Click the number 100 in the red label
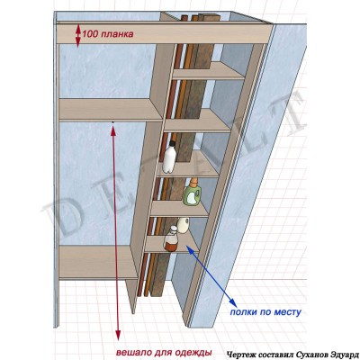(x=90, y=34)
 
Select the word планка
(x=116, y=34)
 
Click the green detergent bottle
(x=192, y=193)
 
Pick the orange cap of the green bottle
(x=194, y=182)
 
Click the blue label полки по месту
(x=265, y=312)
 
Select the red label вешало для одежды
(x=164, y=352)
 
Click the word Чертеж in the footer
(x=238, y=354)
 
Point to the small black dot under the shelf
(x=112, y=122)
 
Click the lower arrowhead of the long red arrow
(x=118, y=336)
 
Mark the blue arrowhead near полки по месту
(x=230, y=301)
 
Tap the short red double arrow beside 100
(x=78, y=36)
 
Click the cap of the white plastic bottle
(x=172, y=143)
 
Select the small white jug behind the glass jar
(x=184, y=225)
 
